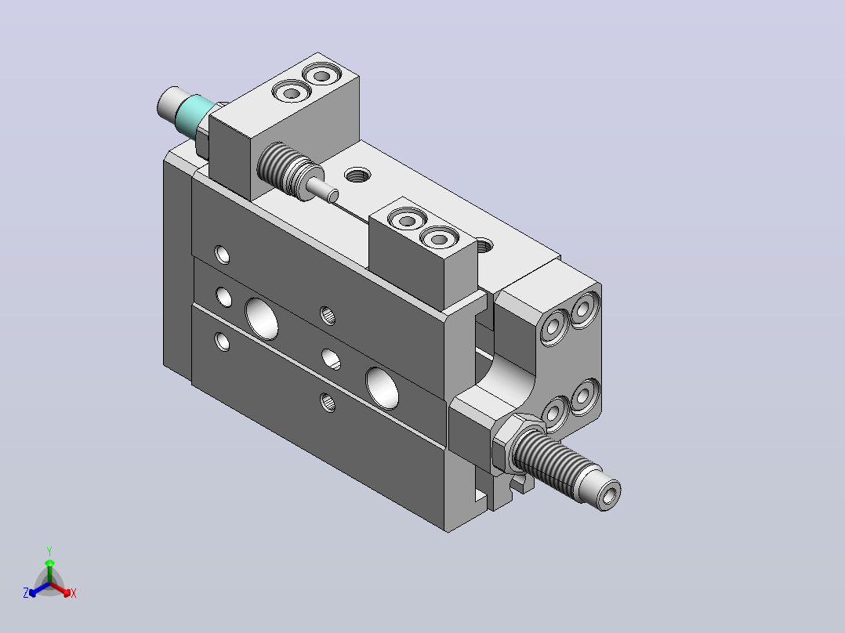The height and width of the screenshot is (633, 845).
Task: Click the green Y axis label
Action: point(49,551)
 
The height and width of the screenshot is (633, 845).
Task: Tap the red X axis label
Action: point(74,593)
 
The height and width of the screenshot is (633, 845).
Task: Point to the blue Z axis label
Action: point(26,593)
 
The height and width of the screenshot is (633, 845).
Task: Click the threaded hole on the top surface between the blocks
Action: point(357,175)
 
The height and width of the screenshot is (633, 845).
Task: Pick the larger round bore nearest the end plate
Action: point(382,388)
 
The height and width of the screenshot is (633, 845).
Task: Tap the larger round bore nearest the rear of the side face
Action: point(262,319)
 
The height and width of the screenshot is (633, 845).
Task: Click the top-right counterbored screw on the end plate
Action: point(586,309)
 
